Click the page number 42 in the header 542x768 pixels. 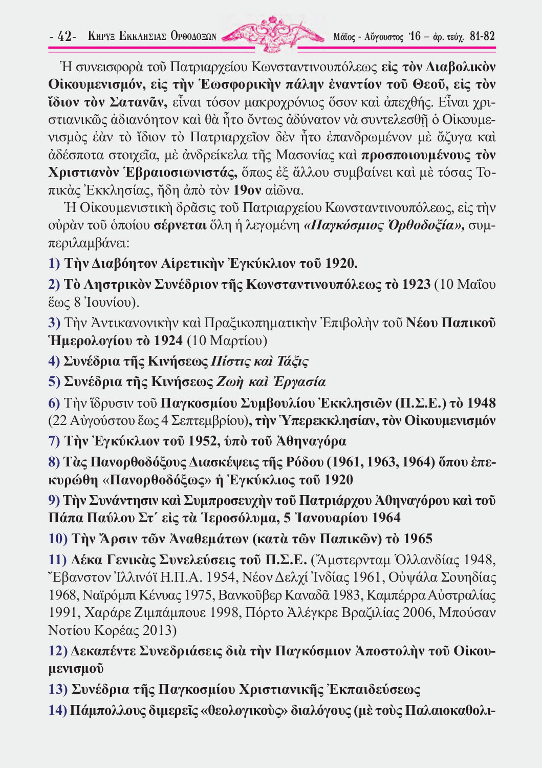coord(64,37)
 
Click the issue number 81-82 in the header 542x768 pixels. coord(482,36)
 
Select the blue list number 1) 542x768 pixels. coord(54,264)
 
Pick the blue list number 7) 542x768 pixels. coord(54,441)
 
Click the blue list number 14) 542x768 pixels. coord(57,710)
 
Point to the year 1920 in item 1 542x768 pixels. coord(340,264)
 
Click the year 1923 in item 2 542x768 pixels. coord(416,285)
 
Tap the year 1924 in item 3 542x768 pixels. coord(168,340)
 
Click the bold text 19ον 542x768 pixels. coord(247,190)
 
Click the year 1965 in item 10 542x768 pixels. coord(418,539)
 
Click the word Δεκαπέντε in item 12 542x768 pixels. coord(104,651)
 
